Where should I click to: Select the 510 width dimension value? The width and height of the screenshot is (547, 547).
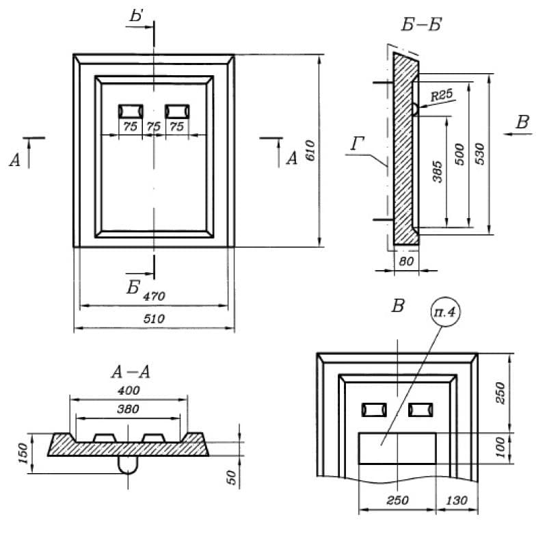tap(155, 319)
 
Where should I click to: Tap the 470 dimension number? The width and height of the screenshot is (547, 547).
tap(155, 296)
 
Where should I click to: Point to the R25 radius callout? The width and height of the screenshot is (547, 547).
tap(442, 96)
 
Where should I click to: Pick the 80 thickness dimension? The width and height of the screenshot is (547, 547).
tap(406, 261)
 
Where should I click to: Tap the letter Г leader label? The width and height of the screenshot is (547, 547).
tap(356, 144)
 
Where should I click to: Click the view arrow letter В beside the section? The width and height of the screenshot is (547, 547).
tap(522, 123)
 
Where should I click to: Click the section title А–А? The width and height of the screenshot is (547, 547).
tap(130, 372)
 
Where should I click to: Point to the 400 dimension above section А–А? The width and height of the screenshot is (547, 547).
tap(128, 390)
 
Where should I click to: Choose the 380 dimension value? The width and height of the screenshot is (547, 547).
tap(128, 409)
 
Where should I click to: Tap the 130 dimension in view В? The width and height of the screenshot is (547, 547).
tap(457, 501)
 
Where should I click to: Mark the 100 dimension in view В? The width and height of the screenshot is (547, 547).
tap(499, 448)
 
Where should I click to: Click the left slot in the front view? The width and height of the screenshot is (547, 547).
tap(130, 111)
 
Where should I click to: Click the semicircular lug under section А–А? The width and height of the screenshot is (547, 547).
tap(128, 464)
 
